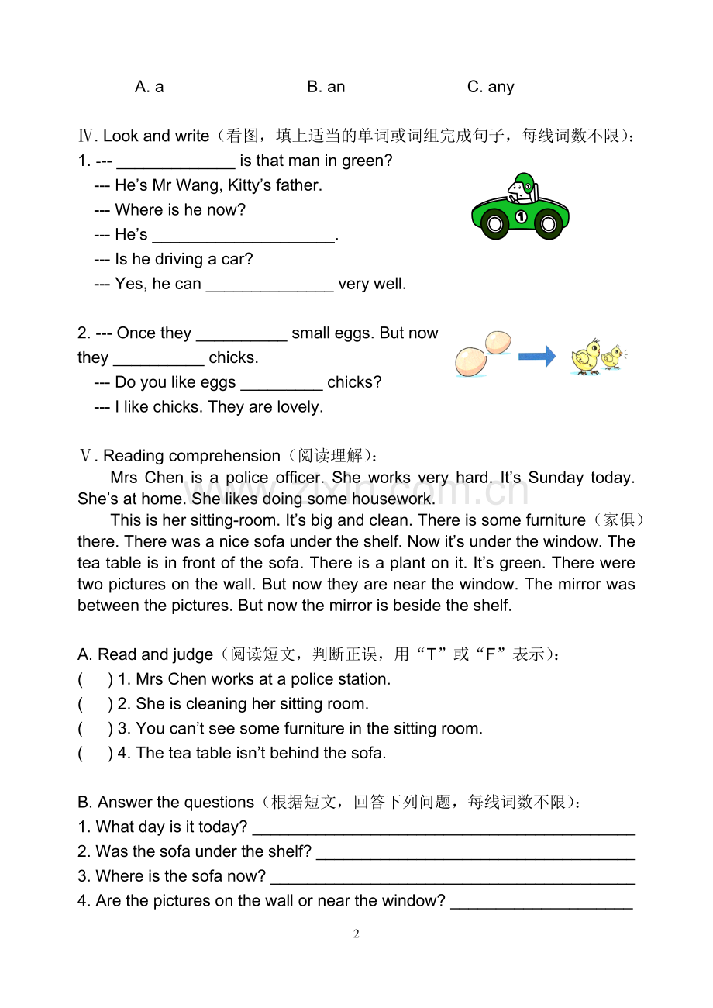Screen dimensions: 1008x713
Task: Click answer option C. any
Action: (491, 87)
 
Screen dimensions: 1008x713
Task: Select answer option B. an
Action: (325, 87)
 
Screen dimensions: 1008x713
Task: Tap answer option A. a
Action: (149, 87)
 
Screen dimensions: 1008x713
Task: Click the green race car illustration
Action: (520, 207)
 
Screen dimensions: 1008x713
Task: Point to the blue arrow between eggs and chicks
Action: (536, 357)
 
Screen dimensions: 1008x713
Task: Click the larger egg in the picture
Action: (470, 361)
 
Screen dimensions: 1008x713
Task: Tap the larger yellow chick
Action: (586, 357)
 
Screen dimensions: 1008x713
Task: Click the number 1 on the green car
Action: (521, 216)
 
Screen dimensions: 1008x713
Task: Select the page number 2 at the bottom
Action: (356, 934)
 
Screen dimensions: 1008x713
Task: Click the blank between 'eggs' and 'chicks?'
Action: (281, 384)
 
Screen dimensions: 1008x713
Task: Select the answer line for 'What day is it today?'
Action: (444, 828)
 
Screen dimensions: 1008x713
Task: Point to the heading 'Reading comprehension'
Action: (191, 456)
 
